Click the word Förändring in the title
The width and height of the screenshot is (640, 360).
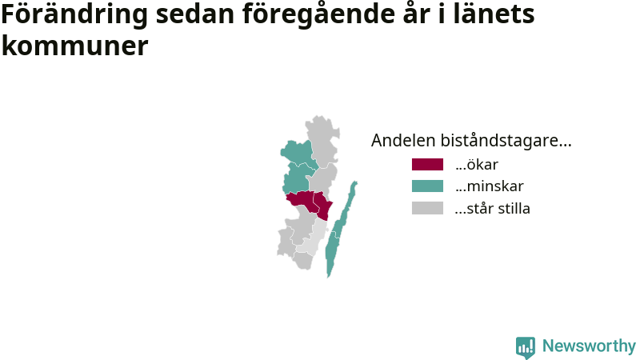tap(74, 14)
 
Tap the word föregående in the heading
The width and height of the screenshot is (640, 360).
tap(318, 14)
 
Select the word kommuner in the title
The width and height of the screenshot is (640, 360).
tap(74, 46)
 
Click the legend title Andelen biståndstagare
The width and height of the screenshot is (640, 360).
tap(471, 140)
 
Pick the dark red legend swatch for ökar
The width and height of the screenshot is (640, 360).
tap(427, 164)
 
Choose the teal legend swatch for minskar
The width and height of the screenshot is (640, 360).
tap(427, 186)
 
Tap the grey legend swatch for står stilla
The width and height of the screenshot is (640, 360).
tap(427, 208)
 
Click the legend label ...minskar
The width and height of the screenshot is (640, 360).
tap(489, 186)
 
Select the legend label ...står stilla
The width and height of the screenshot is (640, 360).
tap(492, 208)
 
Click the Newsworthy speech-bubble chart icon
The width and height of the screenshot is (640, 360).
tap(526, 347)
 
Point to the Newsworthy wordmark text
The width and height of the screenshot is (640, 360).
tap(589, 346)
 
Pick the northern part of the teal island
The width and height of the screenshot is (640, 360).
tap(347, 208)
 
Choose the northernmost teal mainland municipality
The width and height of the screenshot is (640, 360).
tap(297, 153)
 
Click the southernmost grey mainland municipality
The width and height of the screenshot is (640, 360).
tap(303, 261)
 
